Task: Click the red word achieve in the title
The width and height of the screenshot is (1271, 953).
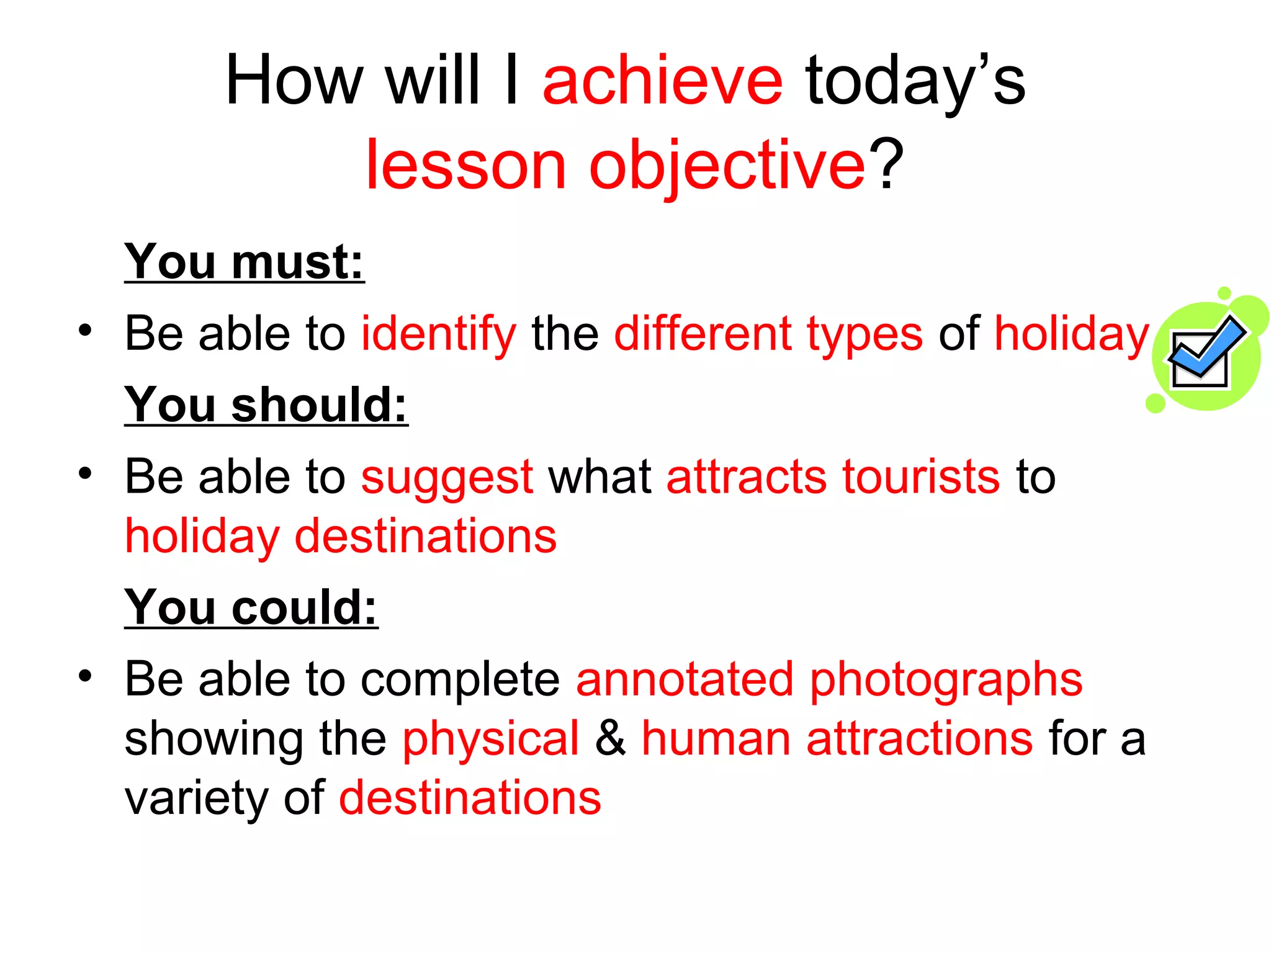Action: [x=662, y=82]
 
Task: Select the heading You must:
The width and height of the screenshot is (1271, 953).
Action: [x=244, y=262]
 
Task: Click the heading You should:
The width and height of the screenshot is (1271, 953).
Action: [x=266, y=405]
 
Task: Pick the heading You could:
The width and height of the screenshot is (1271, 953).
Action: [x=251, y=607]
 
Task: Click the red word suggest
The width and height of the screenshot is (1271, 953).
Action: [x=447, y=478]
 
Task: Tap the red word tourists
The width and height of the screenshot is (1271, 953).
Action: [x=921, y=478]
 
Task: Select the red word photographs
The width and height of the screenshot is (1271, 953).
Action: [x=946, y=680]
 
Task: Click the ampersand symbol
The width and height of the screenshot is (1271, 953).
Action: [x=611, y=738]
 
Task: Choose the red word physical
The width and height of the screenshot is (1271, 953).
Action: [x=490, y=740]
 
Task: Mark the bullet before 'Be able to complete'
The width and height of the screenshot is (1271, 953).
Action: [x=85, y=676]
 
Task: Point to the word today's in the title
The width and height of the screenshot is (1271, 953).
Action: [x=915, y=82]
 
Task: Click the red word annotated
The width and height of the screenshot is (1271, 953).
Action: [x=685, y=680]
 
